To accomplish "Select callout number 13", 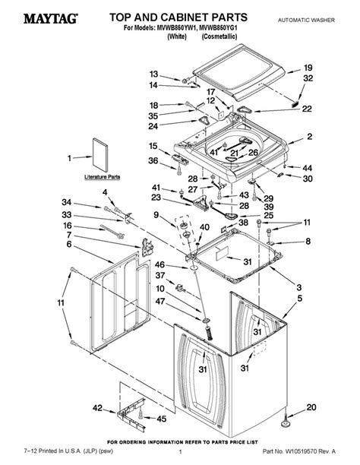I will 153,74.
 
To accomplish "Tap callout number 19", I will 308,68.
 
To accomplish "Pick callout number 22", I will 307,109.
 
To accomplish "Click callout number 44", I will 308,167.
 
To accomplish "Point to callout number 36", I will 153,160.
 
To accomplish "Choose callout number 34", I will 68,202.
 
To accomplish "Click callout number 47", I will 160,302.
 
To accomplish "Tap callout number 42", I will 97,408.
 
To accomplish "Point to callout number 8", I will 308,242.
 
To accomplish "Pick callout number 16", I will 68,226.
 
